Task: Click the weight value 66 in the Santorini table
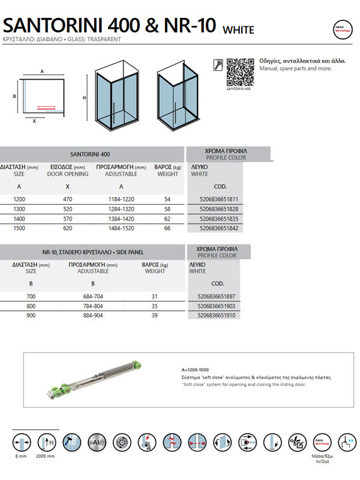(167, 229)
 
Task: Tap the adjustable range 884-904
(93, 316)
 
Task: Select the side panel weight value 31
(154, 296)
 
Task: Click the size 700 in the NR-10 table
(31, 296)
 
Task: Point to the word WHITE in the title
(238, 30)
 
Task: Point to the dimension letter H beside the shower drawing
(85, 98)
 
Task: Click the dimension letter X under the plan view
(34, 121)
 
